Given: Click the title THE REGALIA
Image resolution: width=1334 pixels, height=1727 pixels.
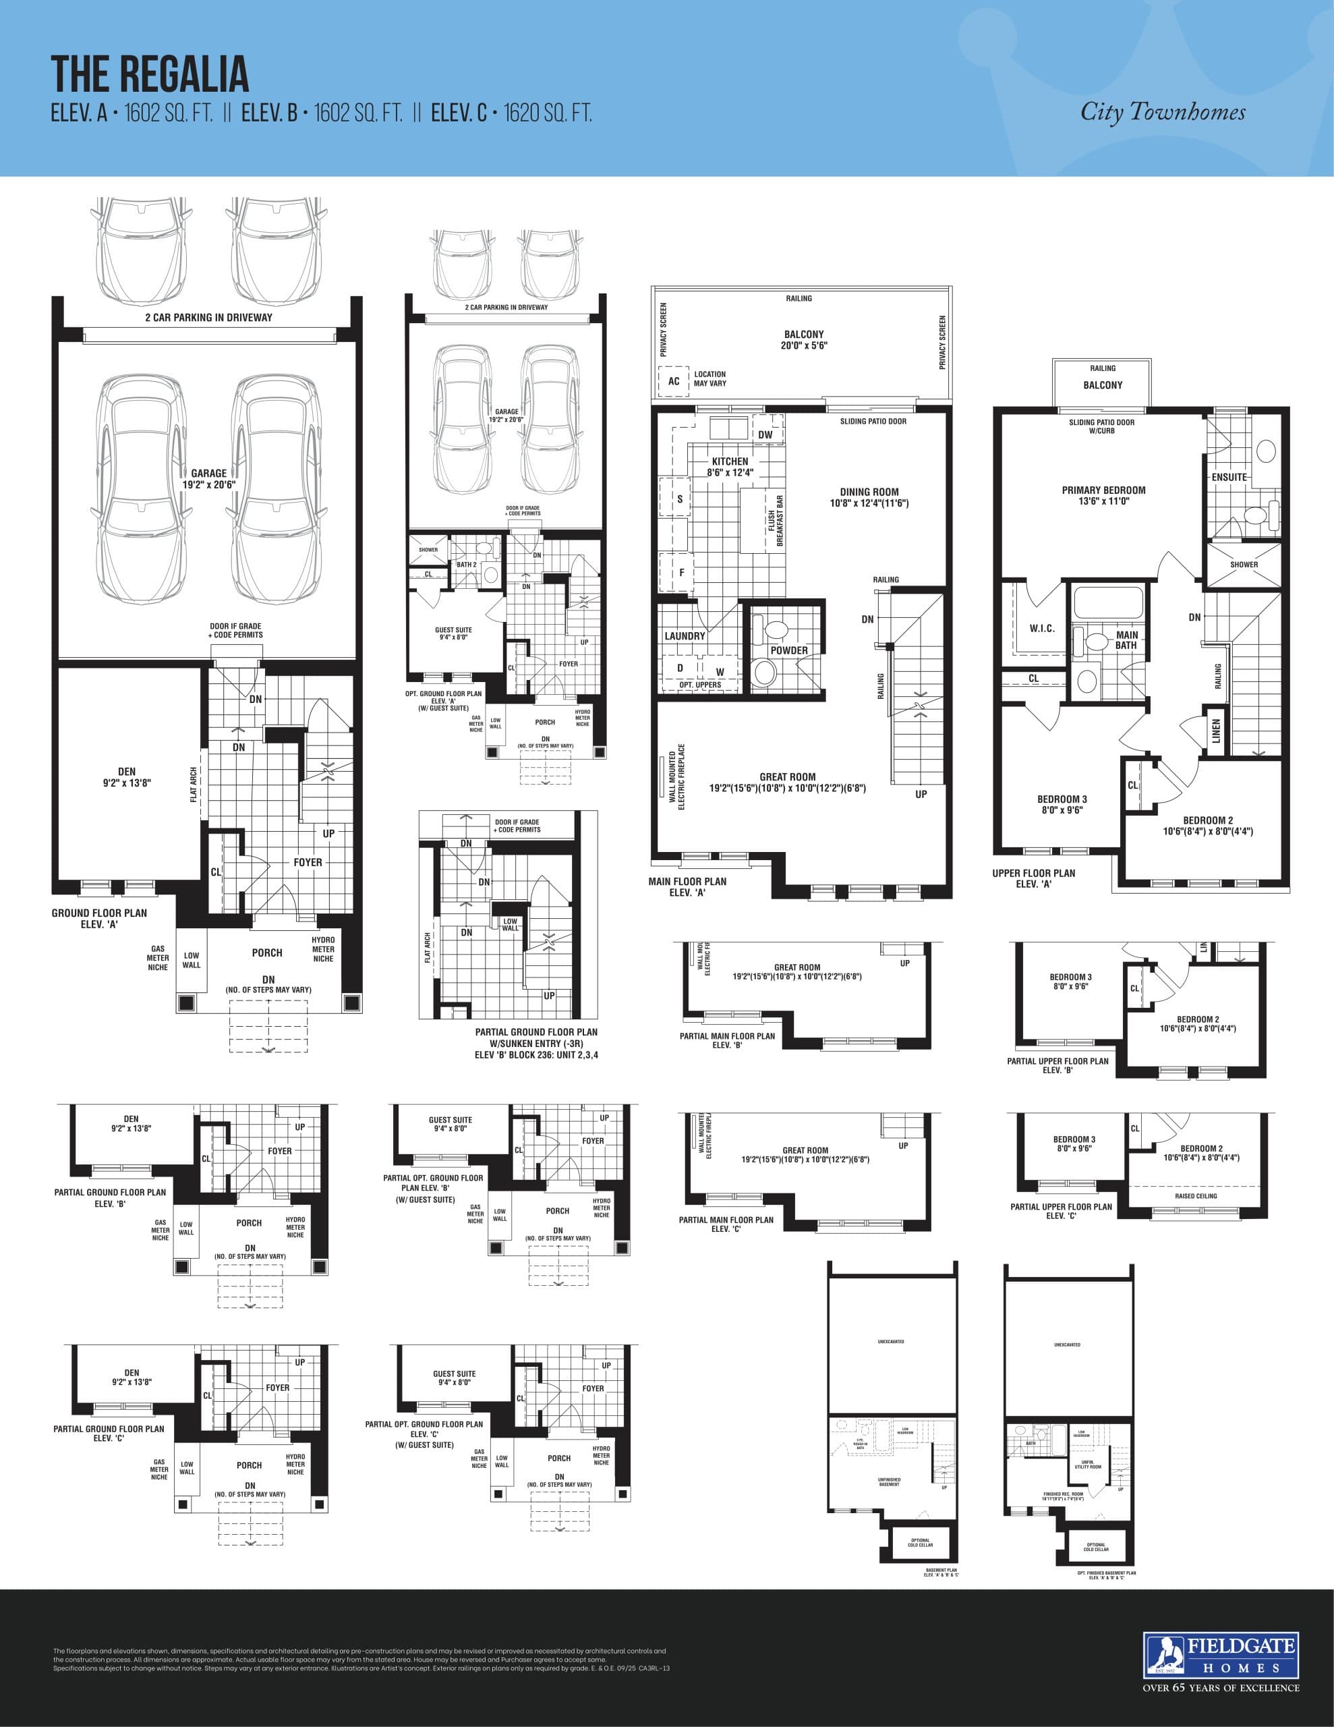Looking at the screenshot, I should click(x=150, y=74).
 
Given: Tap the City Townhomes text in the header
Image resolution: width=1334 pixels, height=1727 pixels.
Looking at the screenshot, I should click(x=1163, y=112).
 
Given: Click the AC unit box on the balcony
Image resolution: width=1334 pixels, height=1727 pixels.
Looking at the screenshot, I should click(x=674, y=381).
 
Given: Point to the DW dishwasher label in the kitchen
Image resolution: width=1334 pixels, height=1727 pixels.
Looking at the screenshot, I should click(x=765, y=435).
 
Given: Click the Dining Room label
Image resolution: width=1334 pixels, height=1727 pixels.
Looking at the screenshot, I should click(x=869, y=497).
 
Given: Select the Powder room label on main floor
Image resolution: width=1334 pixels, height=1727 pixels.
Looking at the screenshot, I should click(x=788, y=650).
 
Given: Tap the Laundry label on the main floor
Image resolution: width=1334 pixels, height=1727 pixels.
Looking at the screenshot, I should click(x=685, y=635).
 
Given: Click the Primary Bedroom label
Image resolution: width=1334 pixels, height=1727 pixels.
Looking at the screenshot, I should click(x=1103, y=495).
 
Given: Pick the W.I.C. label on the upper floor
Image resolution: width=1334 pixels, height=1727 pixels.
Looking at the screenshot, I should click(x=1041, y=629).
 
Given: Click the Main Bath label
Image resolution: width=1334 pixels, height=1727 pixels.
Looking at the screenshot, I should click(x=1126, y=640).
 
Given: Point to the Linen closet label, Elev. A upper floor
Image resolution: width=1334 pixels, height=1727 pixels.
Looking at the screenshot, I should click(x=1216, y=730).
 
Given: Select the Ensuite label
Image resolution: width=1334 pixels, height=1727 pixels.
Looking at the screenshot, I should click(x=1229, y=477).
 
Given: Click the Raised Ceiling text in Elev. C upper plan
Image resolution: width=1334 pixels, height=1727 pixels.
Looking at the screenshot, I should click(x=1196, y=1195).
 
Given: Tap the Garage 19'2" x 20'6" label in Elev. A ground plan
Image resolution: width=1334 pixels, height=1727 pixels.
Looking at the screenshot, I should click(x=209, y=478).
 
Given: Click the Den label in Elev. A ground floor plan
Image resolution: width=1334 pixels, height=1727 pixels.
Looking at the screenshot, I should click(x=127, y=776).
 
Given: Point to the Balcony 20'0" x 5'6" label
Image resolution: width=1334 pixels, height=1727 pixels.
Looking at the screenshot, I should click(x=803, y=340).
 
